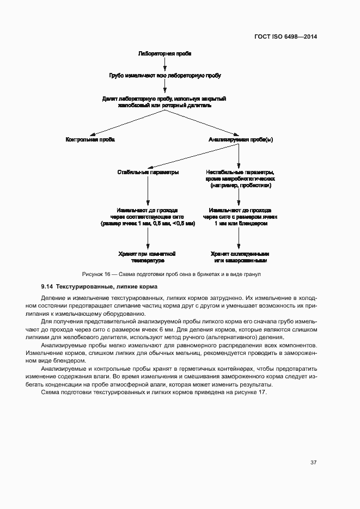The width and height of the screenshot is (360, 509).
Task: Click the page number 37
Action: tap(313, 463)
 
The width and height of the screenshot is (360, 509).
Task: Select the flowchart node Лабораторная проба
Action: tap(164, 54)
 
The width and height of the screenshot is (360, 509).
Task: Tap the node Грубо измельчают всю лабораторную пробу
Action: tap(164, 75)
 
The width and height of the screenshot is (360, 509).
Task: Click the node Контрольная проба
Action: tap(90, 139)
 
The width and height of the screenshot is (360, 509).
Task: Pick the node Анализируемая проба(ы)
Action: tap(240, 139)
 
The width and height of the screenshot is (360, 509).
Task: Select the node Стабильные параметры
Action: tap(148, 172)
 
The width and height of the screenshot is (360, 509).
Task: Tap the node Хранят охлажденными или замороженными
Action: tap(240, 257)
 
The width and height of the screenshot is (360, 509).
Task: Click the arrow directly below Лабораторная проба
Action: tap(164, 64)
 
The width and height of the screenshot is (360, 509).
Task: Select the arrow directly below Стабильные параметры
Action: tap(148, 190)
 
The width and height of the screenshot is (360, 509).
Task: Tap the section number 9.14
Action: tap(47, 286)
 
